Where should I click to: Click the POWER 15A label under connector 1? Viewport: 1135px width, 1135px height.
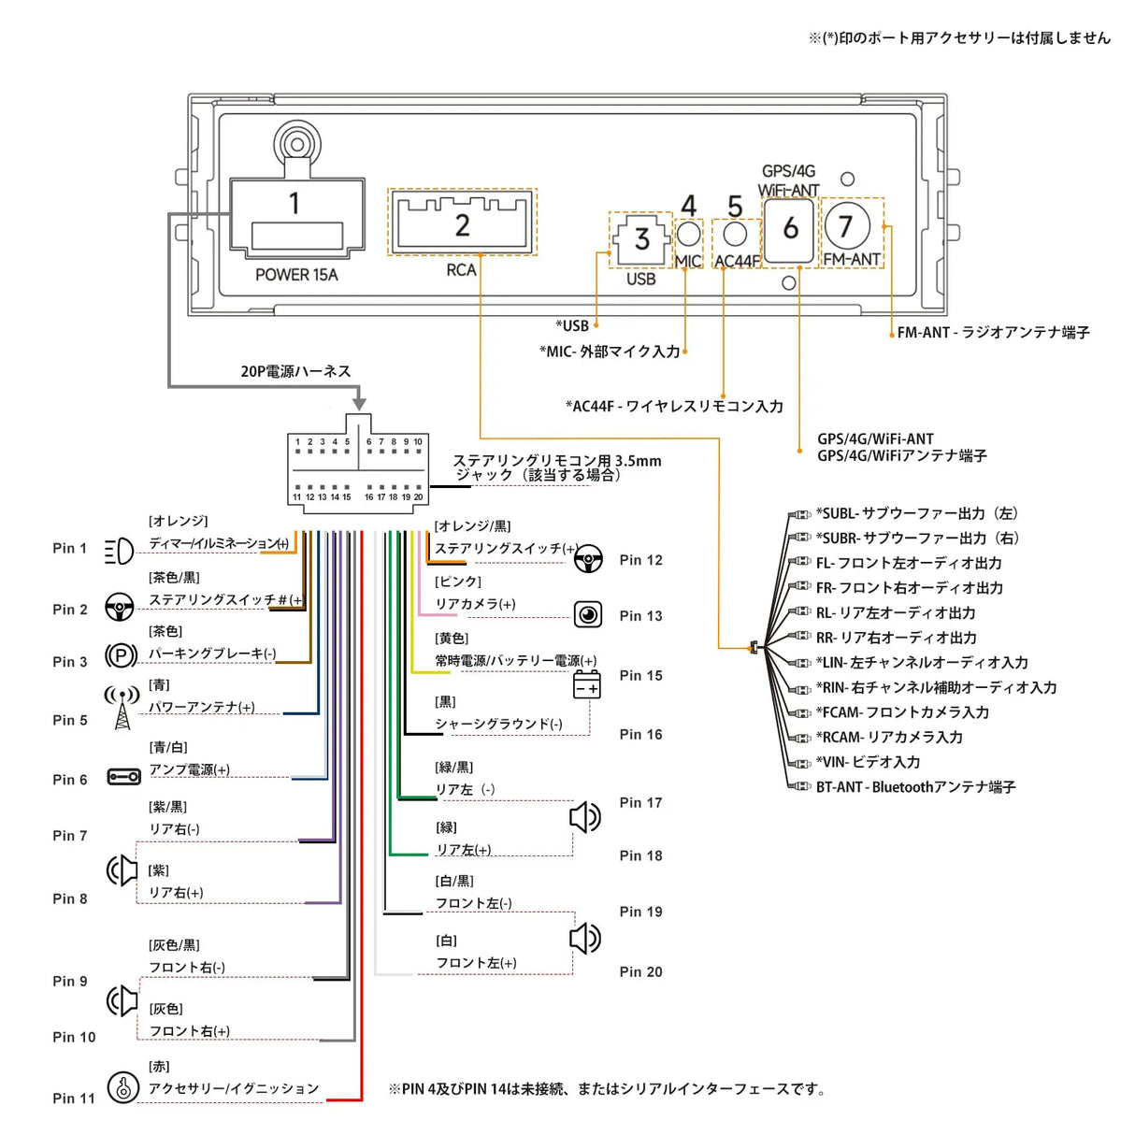[x=295, y=275]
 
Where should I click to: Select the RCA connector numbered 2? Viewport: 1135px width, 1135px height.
[x=462, y=223]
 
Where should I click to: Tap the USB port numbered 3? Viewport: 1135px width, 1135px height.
[x=640, y=239]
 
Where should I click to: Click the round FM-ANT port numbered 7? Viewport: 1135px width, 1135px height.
[x=846, y=225]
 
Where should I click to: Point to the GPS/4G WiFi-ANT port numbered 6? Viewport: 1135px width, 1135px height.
[x=790, y=228]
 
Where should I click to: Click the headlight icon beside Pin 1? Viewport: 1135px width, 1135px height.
[x=119, y=552]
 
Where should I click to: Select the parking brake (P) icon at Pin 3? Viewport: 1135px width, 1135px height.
[x=121, y=655]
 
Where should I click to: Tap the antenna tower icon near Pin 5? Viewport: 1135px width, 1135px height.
[x=122, y=708]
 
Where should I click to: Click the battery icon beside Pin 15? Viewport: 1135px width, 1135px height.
[x=586, y=684]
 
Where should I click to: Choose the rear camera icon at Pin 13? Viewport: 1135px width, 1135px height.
[x=588, y=614]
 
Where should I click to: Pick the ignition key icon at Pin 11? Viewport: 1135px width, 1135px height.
[x=122, y=1087]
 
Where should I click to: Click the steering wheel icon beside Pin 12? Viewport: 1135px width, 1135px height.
[x=588, y=559]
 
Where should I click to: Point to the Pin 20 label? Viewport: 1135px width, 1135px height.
[x=640, y=972]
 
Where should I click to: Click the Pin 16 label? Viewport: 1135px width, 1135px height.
[x=640, y=735]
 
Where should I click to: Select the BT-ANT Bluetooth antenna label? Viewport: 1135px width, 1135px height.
[x=914, y=787]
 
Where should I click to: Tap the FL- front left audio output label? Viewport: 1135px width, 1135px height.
[x=908, y=563]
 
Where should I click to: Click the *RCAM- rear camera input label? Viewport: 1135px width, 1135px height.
[x=888, y=737]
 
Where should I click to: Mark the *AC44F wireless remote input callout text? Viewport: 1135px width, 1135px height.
[x=674, y=406]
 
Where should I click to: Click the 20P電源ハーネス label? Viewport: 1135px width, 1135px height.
[x=295, y=371]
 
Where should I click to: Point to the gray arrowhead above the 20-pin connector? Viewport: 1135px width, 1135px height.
[x=359, y=404]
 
